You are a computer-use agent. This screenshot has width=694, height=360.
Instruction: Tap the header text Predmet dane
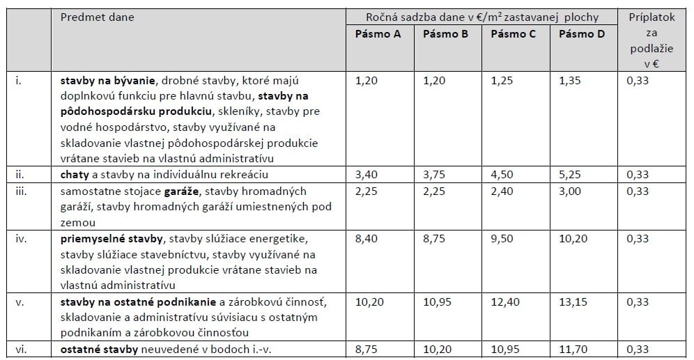tap(97, 17)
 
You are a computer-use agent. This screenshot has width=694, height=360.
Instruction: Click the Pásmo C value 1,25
tap(502, 81)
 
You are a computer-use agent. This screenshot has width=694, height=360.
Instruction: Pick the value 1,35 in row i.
tap(570, 81)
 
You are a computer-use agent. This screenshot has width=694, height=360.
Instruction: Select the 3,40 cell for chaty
tap(367, 175)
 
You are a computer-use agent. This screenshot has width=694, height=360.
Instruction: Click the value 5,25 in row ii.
tap(570, 175)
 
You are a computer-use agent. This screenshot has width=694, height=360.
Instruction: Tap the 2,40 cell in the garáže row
tap(502, 191)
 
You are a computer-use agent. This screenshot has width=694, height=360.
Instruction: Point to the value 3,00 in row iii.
tap(570, 191)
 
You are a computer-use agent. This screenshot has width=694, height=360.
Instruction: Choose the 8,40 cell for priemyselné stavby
tap(367, 239)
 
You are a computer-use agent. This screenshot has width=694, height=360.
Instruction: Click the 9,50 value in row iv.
tap(502, 239)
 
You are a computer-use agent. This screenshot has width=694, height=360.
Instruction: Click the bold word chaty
tap(74, 175)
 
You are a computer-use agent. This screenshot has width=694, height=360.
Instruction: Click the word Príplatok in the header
tap(652, 17)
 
